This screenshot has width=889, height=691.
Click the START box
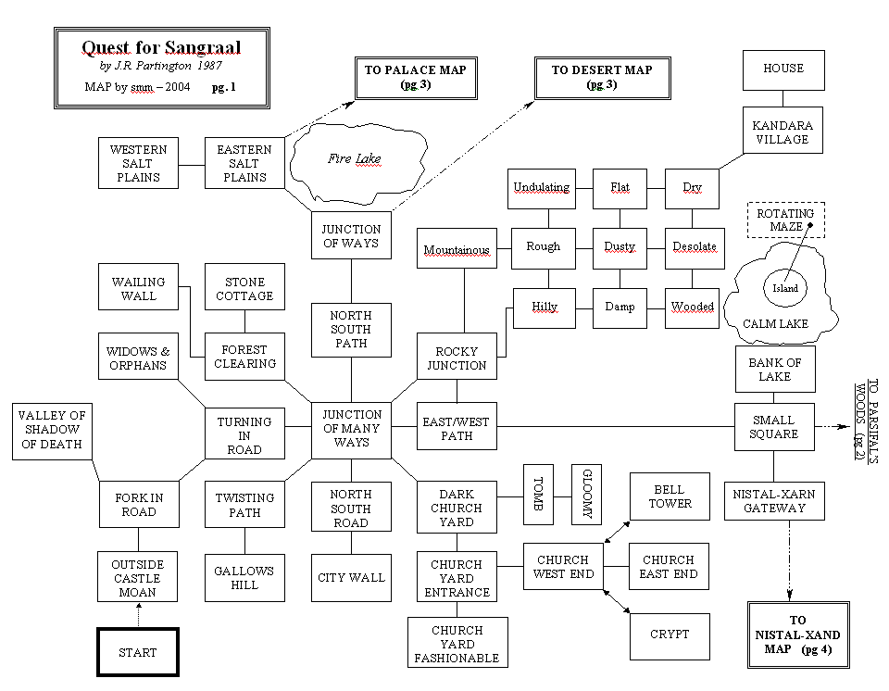point(137,652)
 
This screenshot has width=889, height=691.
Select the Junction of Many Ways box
point(352,429)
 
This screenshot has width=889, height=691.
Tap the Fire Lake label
point(355,158)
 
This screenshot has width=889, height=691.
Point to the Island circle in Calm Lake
point(785,288)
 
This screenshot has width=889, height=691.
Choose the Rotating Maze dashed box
point(785,220)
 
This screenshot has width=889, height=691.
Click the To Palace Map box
point(415,77)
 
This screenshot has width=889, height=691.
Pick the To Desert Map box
point(602,77)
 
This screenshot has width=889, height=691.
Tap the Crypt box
point(670,634)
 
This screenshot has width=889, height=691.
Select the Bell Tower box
point(670,496)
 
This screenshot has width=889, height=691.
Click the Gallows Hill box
point(244,578)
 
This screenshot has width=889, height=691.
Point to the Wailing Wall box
point(139,288)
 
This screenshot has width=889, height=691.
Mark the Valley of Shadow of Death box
point(51,430)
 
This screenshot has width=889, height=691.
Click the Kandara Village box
point(783,132)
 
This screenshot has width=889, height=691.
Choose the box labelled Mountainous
point(457,249)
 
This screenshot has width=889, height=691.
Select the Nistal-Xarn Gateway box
point(773,501)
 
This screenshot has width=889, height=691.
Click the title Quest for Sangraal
point(161,47)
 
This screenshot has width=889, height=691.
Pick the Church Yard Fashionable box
point(457,644)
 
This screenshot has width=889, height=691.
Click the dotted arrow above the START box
point(137,614)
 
